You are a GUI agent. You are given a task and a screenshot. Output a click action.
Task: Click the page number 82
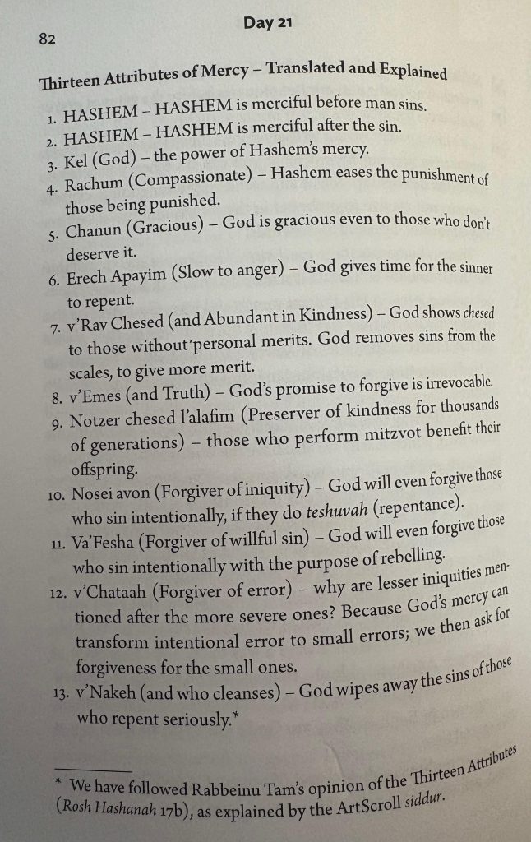[47, 39]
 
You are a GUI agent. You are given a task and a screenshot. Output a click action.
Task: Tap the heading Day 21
[268, 24]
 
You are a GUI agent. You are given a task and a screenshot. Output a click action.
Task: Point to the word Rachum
[95, 183]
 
